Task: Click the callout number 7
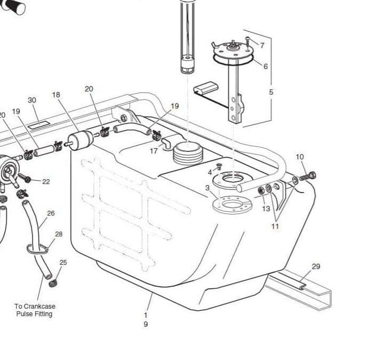click(262, 45)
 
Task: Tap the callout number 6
click(265, 66)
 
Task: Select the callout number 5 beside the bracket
click(271, 92)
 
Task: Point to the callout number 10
click(299, 157)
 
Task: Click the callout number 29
click(315, 266)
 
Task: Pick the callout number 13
click(266, 209)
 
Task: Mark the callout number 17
click(153, 151)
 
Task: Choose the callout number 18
click(56, 95)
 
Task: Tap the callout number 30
click(32, 100)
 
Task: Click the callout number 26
click(51, 213)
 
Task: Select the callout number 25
click(63, 262)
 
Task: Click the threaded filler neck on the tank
click(188, 153)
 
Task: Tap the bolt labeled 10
click(308, 175)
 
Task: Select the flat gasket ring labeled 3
click(231, 205)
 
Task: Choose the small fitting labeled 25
click(53, 283)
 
